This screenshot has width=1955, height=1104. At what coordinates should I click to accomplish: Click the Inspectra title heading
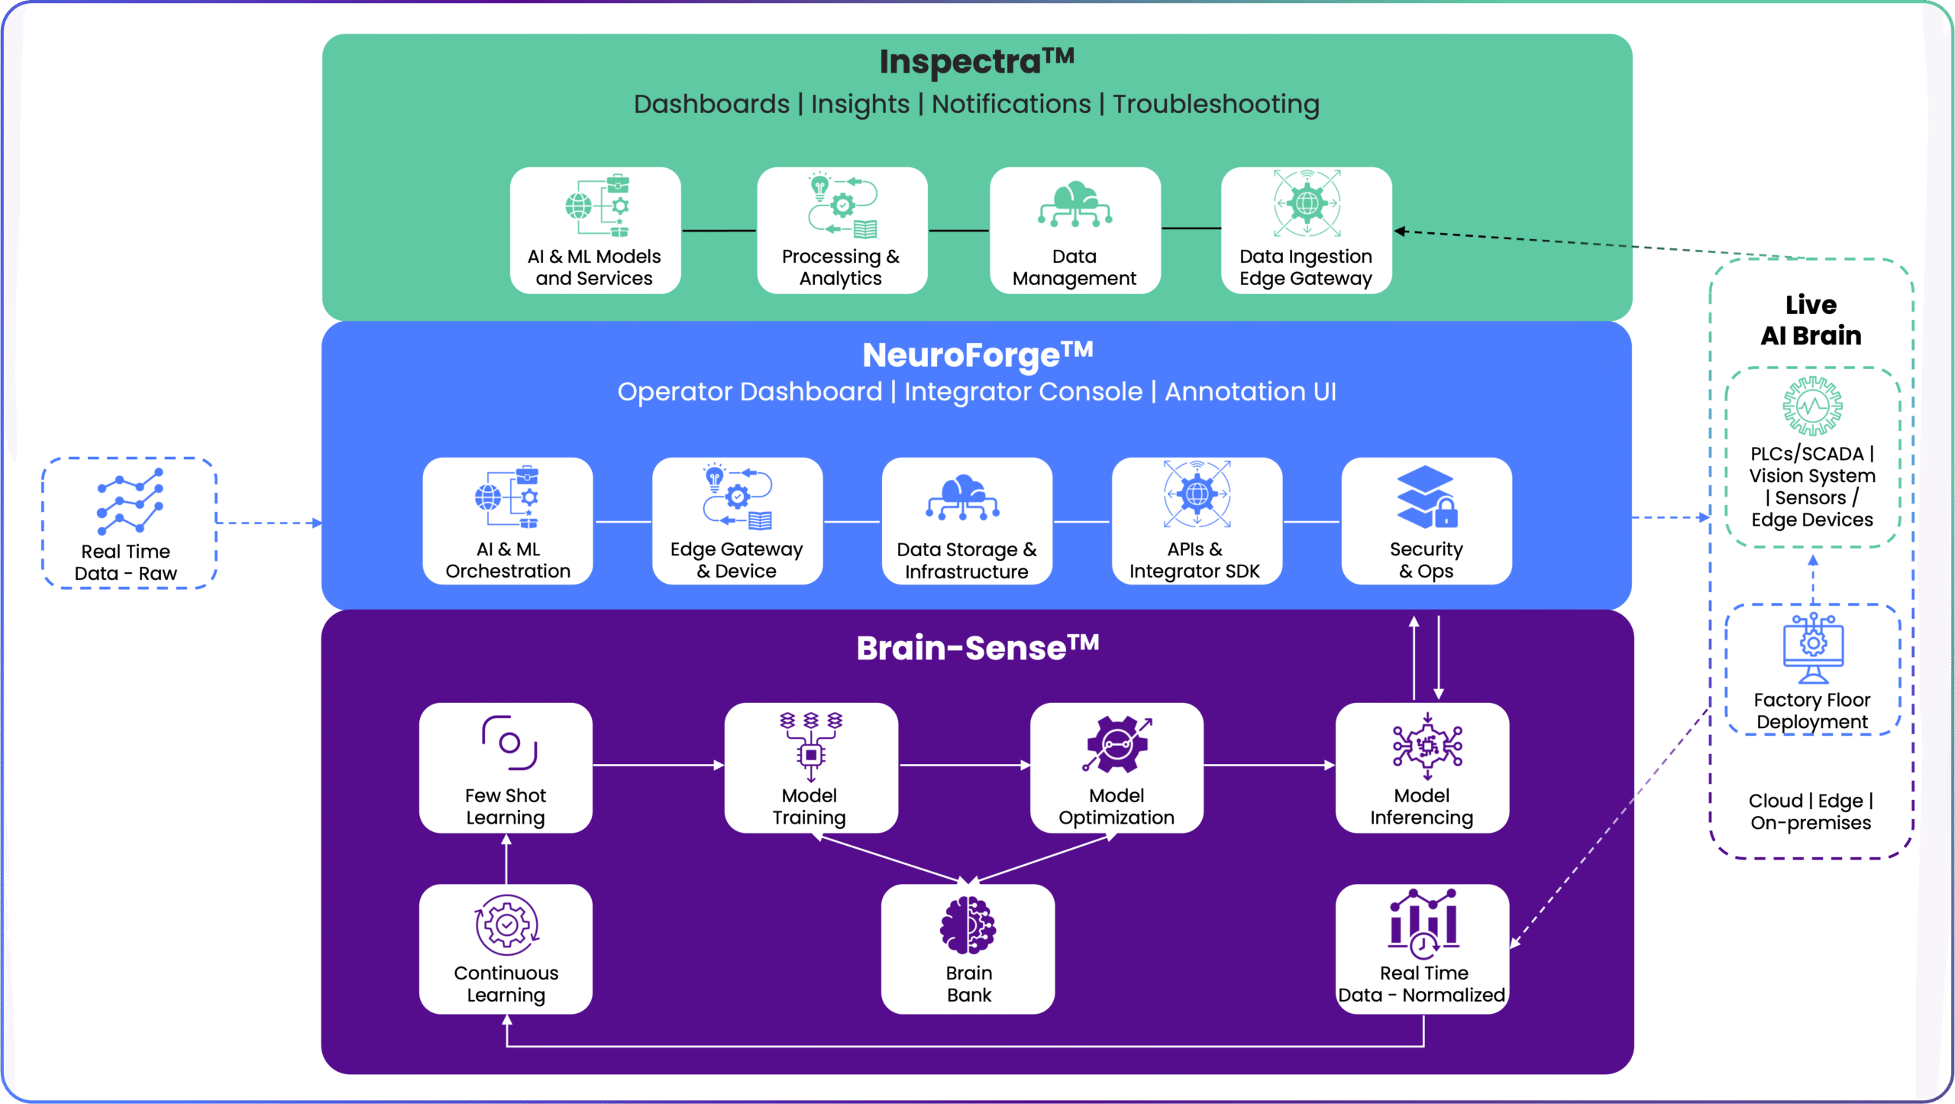[x=976, y=61]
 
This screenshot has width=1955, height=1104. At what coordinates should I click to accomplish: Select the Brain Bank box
[x=968, y=949]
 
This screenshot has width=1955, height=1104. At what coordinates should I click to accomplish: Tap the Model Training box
[x=810, y=767]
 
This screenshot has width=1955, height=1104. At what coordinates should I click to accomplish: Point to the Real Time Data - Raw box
[x=129, y=523]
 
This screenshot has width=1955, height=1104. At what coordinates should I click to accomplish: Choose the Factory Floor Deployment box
[x=1812, y=670]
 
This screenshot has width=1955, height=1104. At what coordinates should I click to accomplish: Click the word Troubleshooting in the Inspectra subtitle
[x=1216, y=104]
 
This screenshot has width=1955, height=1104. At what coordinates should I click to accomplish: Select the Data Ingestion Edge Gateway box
[x=1306, y=230]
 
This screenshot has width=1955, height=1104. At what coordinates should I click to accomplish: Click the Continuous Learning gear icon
[x=506, y=925]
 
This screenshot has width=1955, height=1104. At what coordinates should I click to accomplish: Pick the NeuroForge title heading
[x=977, y=355]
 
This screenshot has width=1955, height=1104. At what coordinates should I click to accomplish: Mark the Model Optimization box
[x=1116, y=767]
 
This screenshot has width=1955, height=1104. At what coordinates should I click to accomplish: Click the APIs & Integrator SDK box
[x=1196, y=521]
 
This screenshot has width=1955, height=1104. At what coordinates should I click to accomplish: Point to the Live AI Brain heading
[x=1811, y=320]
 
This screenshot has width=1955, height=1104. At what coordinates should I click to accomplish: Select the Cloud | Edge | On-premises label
[x=1811, y=811]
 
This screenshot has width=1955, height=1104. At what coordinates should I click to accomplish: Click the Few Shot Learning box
[x=506, y=767]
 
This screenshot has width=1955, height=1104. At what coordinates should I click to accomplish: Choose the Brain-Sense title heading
[x=977, y=648]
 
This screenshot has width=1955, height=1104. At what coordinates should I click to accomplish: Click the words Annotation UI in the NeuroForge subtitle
[x=1250, y=392]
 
